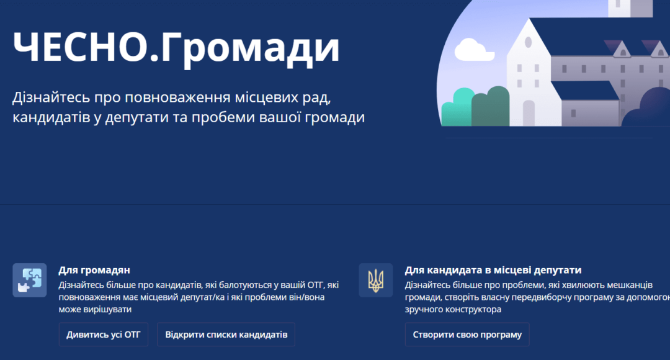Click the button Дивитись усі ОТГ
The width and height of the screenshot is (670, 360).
[x=104, y=335]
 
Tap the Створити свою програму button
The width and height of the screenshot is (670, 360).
[x=467, y=335]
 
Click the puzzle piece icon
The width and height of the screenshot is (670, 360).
[x=30, y=280]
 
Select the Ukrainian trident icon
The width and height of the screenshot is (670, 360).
[x=375, y=280]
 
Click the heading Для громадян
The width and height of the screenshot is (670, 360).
[x=94, y=270]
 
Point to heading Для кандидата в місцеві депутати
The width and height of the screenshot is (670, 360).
[x=493, y=270]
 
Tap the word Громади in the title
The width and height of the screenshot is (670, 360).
[x=251, y=49]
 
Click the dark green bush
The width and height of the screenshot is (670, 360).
[x=491, y=107]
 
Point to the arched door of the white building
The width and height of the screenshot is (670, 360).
[x=529, y=113]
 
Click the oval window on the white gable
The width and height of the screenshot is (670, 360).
[x=528, y=42]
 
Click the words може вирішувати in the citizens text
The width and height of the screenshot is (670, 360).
[x=95, y=309]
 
